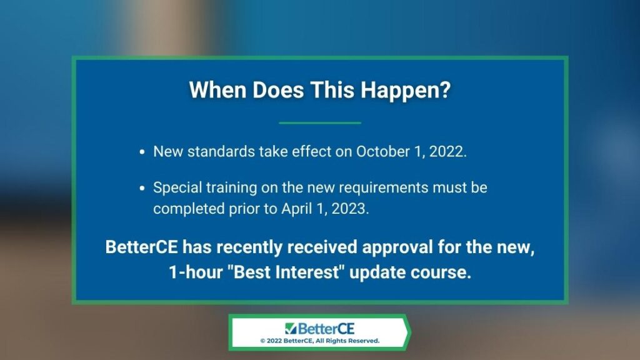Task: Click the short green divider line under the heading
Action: [x=320, y=122]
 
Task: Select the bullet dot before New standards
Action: [x=142, y=152]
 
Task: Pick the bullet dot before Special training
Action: [x=142, y=188]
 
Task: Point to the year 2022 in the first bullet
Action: [x=447, y=152]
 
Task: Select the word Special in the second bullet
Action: [x=177, y=188]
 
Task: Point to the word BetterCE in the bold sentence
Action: [x=142, y=247]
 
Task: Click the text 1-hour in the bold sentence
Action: [x=196, y=272]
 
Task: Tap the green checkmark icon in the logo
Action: [x=290, y=328]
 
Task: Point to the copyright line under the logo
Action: [x=320, y=341]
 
